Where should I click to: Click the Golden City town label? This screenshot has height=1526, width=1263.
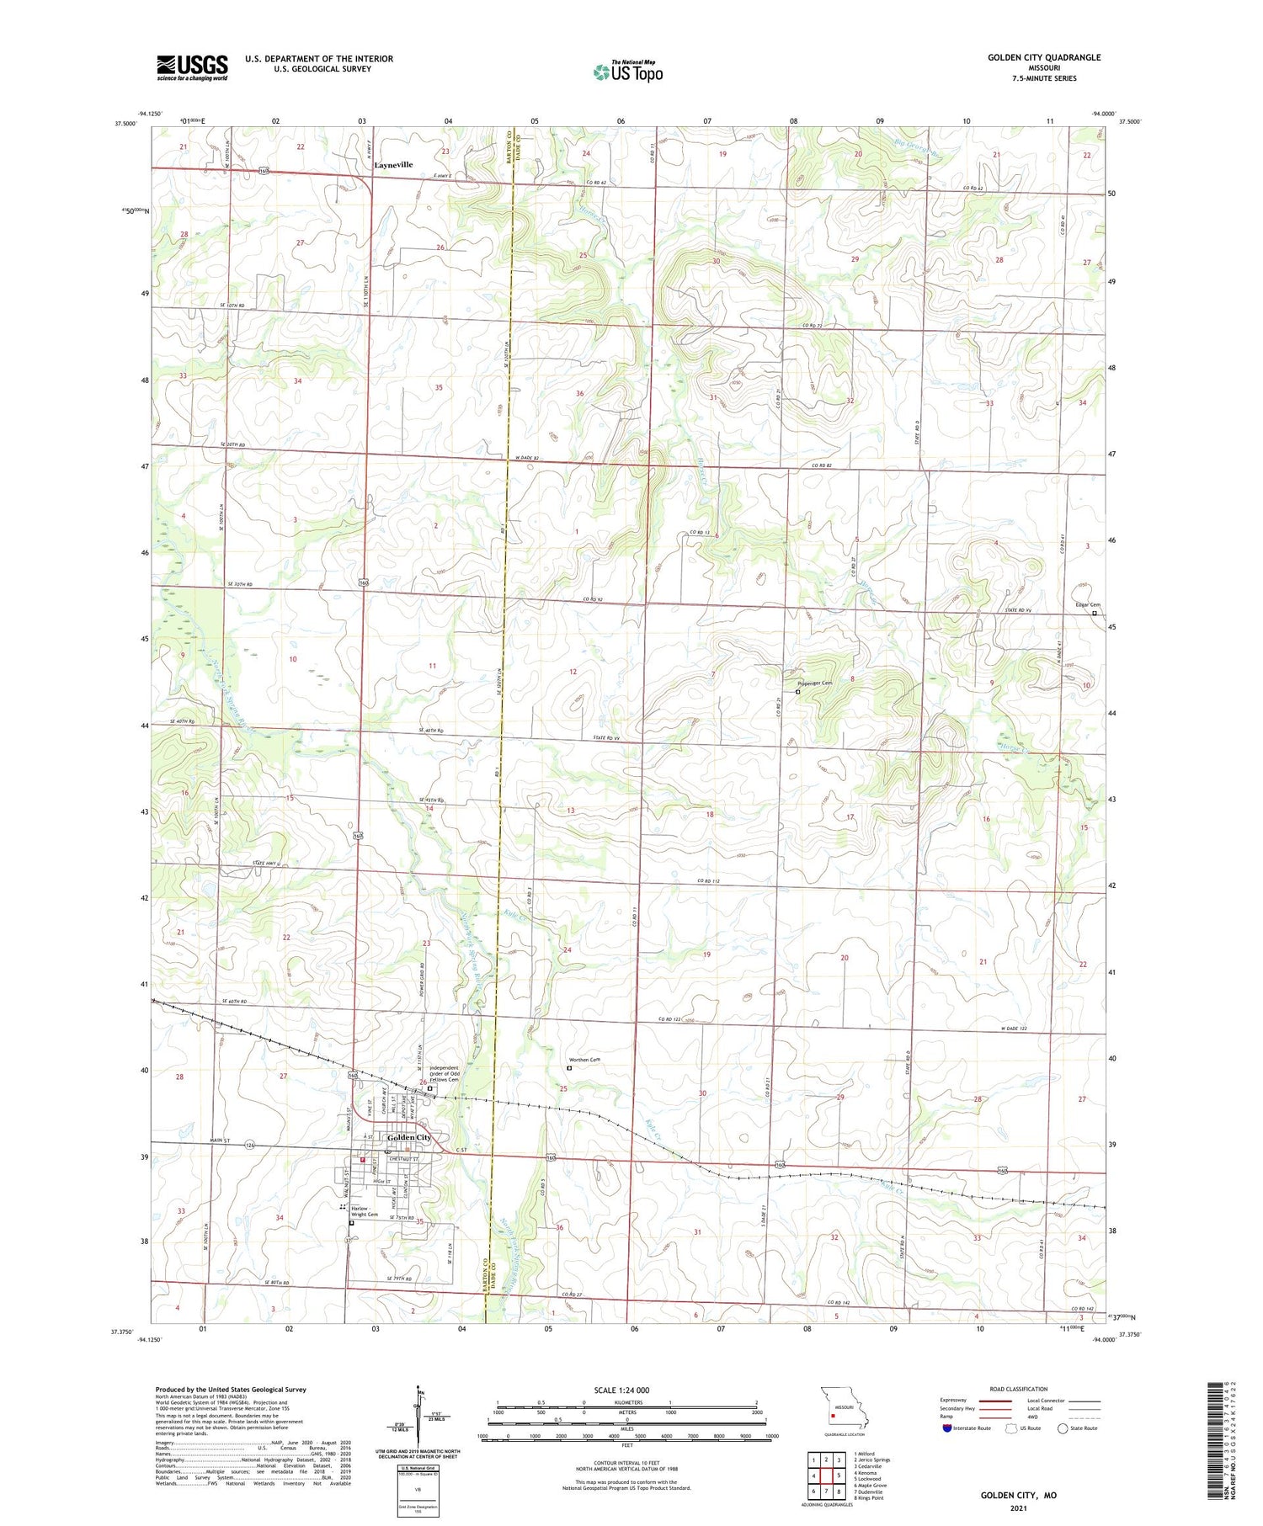point(408,1137)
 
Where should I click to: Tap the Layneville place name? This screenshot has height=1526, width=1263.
point(393,165)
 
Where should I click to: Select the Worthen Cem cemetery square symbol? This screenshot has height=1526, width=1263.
point(569,1068)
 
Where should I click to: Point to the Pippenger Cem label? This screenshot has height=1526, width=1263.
point(814,683)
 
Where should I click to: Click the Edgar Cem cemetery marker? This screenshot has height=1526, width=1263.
point(1094,614)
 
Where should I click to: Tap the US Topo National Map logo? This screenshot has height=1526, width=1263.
point(627,72)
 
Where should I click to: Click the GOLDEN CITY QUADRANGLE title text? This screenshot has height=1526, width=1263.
point(1044,57)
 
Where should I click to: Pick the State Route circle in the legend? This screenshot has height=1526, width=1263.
point(1063,1428)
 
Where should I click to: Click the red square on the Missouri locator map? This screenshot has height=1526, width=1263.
point(833,1414)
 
